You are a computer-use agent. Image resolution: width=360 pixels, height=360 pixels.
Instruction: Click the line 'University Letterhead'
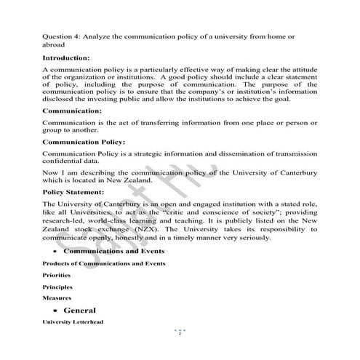click(x=73, y=321)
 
